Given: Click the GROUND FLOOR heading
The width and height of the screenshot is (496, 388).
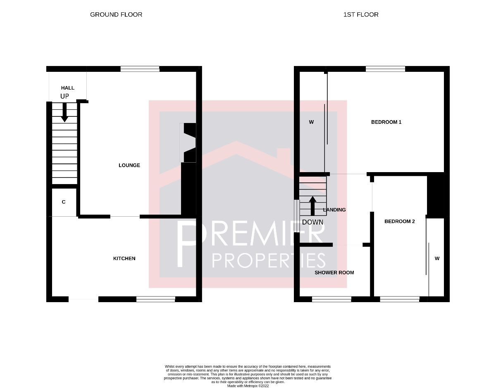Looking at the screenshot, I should click(116, 14).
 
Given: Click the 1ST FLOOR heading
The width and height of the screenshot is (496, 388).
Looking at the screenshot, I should click(361, 14).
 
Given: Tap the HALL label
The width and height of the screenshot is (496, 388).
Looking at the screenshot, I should click(68, 88).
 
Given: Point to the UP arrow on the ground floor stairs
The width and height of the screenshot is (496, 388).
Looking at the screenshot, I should click(64, 112).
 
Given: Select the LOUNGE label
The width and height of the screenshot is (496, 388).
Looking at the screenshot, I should click(129, 166).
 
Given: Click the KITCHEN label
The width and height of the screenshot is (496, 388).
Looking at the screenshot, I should click(124, 258).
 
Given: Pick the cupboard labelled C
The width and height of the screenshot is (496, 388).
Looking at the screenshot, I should click(64, 202).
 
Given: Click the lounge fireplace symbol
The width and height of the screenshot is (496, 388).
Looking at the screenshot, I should click(188, 143).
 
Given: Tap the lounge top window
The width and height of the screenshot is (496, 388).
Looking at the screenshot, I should click(140, 69).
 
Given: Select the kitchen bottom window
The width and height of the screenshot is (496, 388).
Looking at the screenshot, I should click(156, 299).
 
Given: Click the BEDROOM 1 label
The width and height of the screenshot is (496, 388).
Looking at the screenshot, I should click(386, 122).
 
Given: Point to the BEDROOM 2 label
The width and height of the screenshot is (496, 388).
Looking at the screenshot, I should click(400, 222).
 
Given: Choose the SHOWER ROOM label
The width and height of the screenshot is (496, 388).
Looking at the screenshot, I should click(334, 273).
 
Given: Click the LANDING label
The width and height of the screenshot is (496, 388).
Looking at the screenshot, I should click(334, 210).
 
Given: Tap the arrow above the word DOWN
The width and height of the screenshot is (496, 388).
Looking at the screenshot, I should click(313, 205).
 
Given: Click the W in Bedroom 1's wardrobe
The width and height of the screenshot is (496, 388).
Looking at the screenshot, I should click(311, 122).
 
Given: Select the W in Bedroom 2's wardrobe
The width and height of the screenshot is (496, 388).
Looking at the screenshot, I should click(437, 259).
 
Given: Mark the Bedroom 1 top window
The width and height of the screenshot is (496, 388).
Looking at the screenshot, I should click(385, 69).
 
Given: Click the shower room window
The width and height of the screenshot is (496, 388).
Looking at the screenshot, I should click(331, 299).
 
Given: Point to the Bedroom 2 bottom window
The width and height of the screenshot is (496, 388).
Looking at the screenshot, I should click(399, 299).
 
